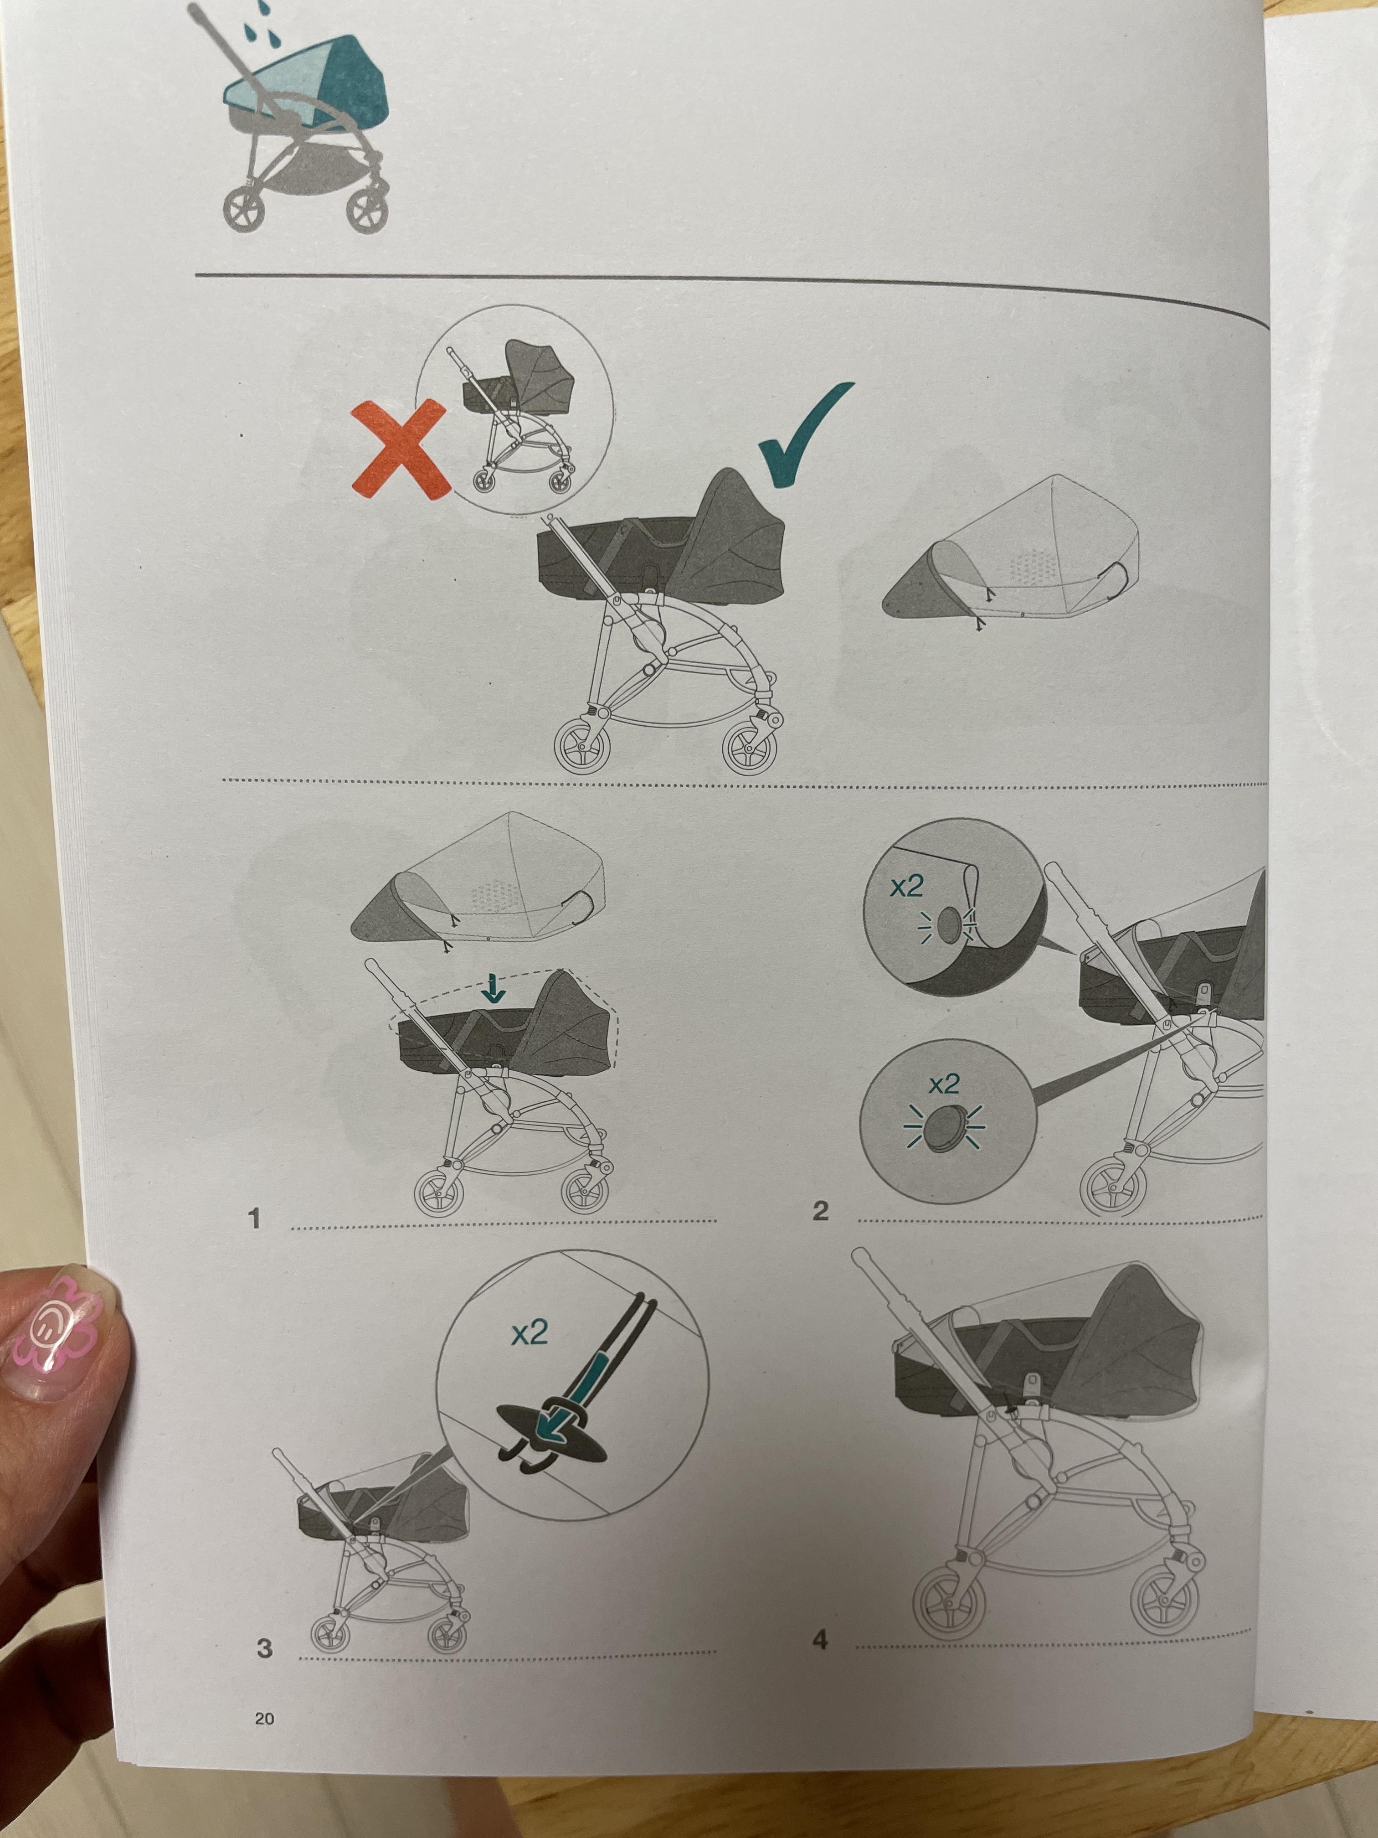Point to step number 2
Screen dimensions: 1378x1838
click(x=821, y=1212)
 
